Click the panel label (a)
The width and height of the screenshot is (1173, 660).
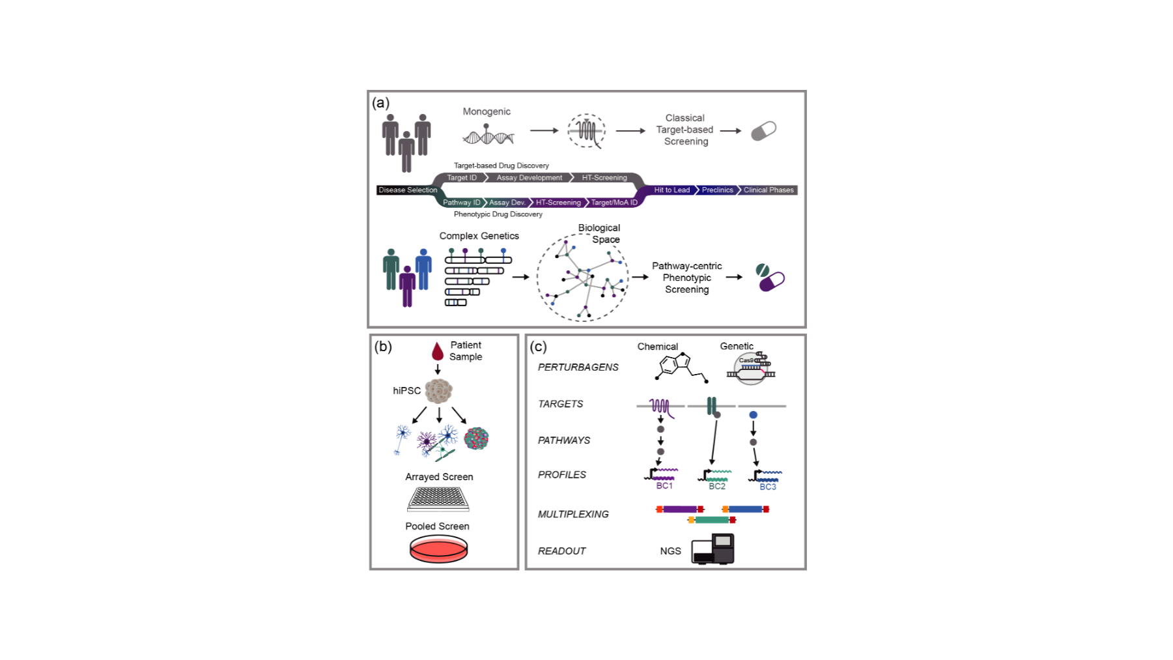tap(380, 102)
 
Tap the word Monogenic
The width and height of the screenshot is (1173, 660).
tap(487, 111)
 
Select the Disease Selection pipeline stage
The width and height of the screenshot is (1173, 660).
tap(408, 190)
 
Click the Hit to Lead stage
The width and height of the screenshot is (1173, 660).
tap(671, 190)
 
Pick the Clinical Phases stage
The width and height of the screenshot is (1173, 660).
tap(769, 190)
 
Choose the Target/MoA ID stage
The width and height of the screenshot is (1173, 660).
tap(614, 203)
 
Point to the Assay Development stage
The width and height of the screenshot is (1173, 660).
tap(530, 178)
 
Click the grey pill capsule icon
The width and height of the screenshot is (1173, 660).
tap(763, 131)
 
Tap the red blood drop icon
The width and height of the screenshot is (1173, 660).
tap(438, 351)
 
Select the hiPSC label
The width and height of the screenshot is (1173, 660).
tap(406, 391)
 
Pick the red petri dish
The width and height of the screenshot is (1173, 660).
tap(438, 549)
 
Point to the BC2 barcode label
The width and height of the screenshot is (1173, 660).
tap(716, 486)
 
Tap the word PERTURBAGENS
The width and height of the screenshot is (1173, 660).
tap(578, 367)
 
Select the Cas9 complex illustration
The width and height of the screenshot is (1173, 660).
tap(751, 368)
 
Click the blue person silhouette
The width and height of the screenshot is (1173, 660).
tap(423, 269)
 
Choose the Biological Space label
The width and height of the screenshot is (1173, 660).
tap(599, 234)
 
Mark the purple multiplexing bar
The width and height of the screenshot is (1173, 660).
tap(680, 509)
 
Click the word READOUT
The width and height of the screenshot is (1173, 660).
tap(561, 551)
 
